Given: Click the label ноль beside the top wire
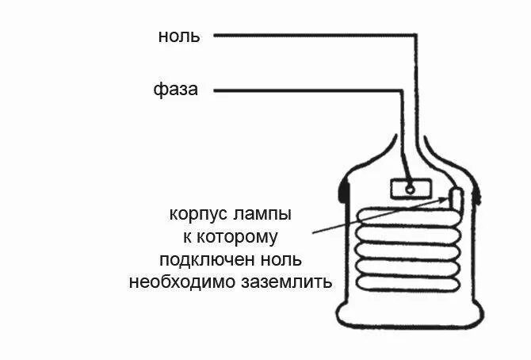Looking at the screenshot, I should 179,36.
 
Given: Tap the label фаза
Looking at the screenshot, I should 175,90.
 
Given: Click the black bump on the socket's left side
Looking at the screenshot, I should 342,190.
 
